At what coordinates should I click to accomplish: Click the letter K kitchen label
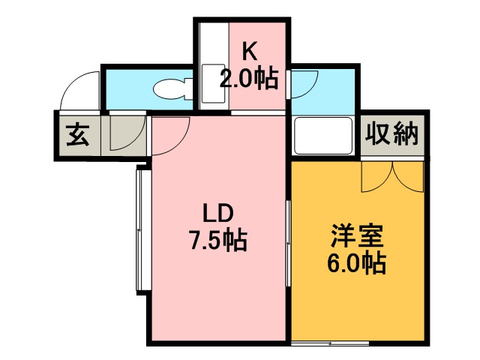tap(250, 52)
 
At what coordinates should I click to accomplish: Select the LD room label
tap(218, 213)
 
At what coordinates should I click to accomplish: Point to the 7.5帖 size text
tap(218, 240)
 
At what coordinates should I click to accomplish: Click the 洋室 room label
tap(357, 235)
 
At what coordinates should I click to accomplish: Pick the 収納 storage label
tap(392, 133)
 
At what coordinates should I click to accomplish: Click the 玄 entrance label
tap(78, 135)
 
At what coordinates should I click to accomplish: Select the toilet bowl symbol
tap(169, 89)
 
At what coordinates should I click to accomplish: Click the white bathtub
tap(323, 136)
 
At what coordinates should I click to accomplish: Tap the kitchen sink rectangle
tap(213, 83)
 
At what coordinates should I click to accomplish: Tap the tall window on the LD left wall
tap(139, 230)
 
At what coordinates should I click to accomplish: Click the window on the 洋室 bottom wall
tap(330, 343)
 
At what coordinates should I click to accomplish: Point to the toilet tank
tap(189, 89)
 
